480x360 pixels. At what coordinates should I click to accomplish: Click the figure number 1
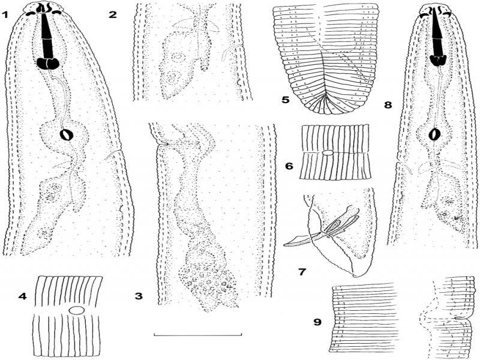pyautogui.click(x=5, y=14)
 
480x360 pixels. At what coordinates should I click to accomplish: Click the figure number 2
pyautogui.click(x=113, y=14)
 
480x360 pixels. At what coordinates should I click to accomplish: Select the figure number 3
pyautogui.click(x=139, y=296)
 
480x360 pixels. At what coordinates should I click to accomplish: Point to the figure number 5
pyautogui.click(x=286, y=100)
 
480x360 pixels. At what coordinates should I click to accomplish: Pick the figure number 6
pyautogui.click(x=289, y=166)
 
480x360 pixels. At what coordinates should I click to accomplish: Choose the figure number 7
pyautogui.click(x=302, y=272)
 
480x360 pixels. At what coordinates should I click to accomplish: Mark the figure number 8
pyautogui.click(x=388, y=105)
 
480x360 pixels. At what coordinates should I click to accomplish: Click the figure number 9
pyautogui.click(x=318, y=322)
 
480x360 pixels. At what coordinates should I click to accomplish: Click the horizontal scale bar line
pyautogui.click(x=198, y=335)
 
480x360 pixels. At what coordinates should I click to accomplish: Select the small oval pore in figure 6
pyautogui.click(x=328, y=152)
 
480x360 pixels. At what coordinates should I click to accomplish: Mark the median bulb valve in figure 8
pyautogui.click(x=434, y=134)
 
